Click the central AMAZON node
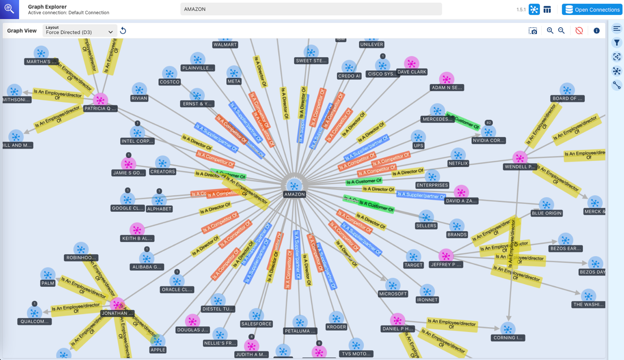click(x=294, y=185)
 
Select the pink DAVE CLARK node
click(x=411, y=63)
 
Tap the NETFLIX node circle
click(x=458, y=154)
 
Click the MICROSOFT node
click(x=393, y=285)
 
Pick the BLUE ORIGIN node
click(x=546, y=205)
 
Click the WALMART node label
click(x=225, y=45)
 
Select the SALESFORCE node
click(x=256, y=315)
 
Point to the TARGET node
click(x=413, y=257)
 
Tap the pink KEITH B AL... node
click(x=137, y=229)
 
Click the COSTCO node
click(x=169, y=73)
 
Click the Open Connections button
click(x=592, y=9)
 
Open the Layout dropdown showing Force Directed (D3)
click(x=80, y=31)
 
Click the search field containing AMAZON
click(x=311, y=9)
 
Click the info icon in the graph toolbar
click(x=596, y=31)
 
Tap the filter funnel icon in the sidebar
click(x=617, y=43)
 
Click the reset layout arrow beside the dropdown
click(x=123, y=31)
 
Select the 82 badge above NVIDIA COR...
click(x=488, y=123)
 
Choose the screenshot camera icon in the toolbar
click(x=533, y=31)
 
